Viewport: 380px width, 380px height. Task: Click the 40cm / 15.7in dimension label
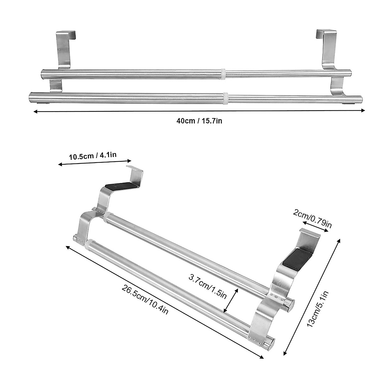pyautogui.click(x=199, y=121)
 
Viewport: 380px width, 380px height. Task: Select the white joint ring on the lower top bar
pyautogui.click(x=225, y=97)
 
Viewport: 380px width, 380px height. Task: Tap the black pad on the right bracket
pyautogui.click(x=296, y=258)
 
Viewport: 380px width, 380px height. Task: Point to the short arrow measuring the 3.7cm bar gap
pyautogui.click(x=231, y=300)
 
